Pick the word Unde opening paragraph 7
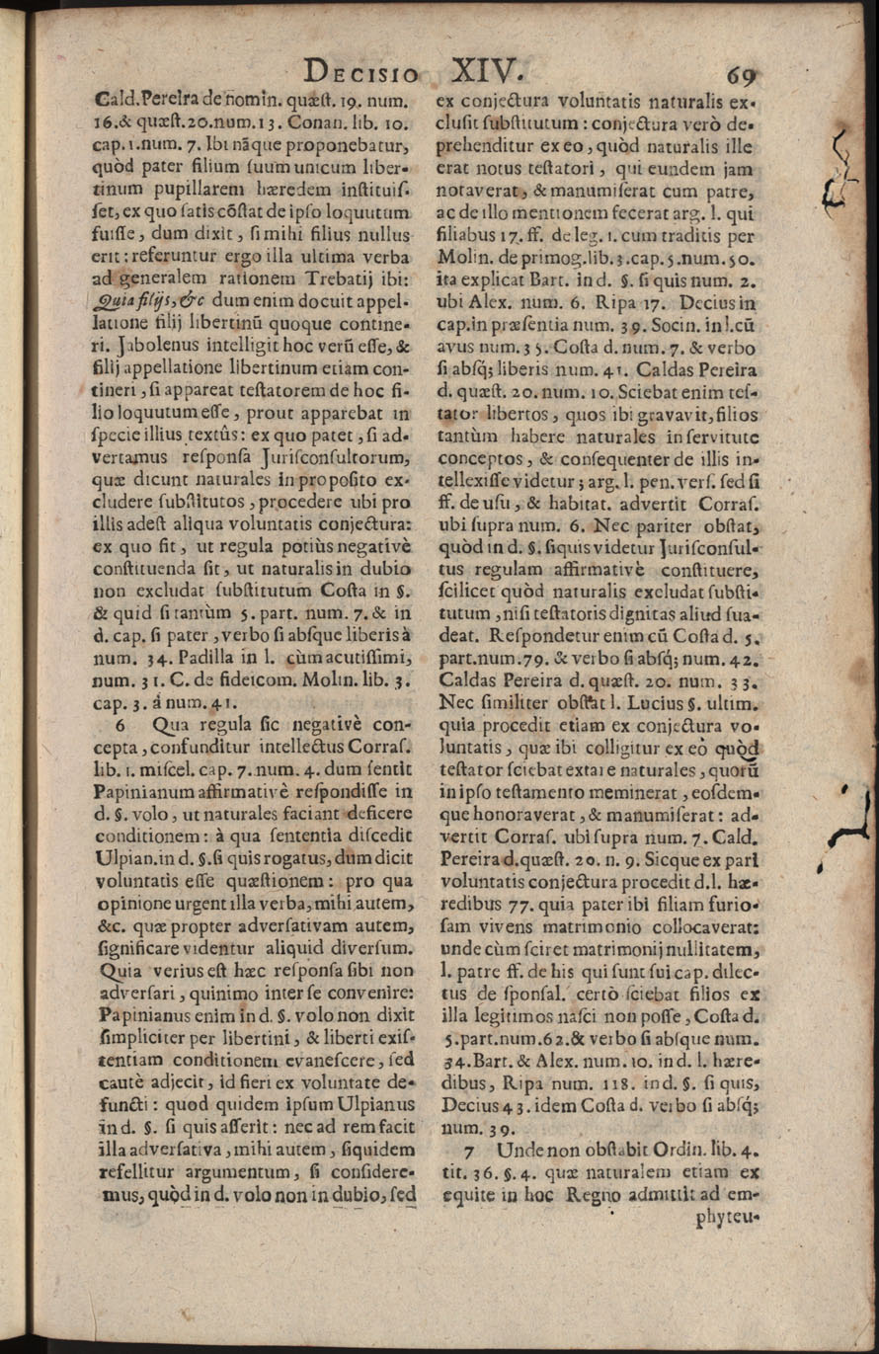(522, 1151)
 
